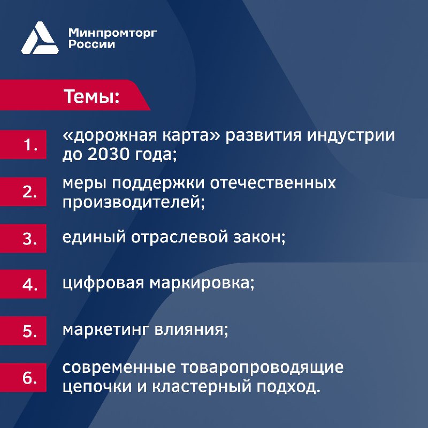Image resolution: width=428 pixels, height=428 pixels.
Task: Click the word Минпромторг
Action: point(112,34)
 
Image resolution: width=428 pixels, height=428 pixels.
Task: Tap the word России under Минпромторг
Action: point(91,44)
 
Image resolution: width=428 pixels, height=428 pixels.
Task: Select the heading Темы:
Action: point(91,96)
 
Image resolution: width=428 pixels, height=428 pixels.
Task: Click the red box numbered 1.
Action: point(23,144)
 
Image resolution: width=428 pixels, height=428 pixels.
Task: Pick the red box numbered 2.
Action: point(23,192)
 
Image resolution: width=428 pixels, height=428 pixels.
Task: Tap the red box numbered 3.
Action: point(23,238)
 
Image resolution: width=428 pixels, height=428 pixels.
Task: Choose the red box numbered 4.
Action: point(23,284)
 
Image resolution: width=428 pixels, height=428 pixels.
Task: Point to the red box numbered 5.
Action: point(23,331)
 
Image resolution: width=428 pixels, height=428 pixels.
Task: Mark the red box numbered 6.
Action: point(23,378)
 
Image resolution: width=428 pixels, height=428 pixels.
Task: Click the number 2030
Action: point(109,155)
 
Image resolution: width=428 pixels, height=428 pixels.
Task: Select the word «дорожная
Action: point(110,136)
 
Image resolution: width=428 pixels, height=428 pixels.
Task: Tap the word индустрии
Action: point(351,136)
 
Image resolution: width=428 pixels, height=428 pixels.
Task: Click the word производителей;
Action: point(134,202)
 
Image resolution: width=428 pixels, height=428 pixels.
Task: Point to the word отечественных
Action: point(273,183)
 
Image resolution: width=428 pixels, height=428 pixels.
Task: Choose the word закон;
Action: point(259,237)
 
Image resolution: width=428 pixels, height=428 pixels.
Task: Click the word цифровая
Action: point(103,284)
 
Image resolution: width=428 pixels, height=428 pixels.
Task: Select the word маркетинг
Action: point(106,330)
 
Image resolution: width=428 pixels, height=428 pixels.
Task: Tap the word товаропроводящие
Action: point(262,368)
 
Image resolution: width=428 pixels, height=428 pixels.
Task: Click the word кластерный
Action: point(202,387)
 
